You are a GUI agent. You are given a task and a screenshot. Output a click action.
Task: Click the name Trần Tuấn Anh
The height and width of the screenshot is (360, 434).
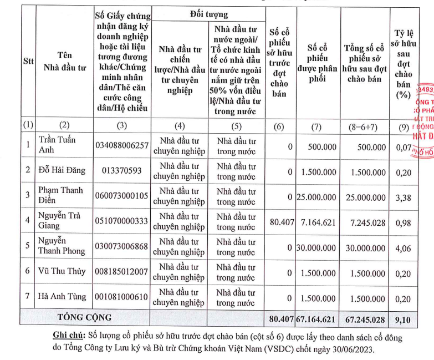click(x=57, y=145)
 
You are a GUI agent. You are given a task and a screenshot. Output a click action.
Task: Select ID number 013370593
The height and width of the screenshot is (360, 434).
click(x=121, y=171)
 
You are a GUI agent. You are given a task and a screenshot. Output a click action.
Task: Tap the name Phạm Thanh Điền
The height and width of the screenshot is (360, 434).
click(x=60, y=196)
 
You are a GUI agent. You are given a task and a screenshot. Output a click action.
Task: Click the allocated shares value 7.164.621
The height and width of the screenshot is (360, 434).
click(x=316, y=222)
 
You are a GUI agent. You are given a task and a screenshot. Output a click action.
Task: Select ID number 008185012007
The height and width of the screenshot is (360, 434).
click(x=121, y=272)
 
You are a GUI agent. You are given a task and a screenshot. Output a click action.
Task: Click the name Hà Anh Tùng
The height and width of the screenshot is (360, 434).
click(x=62, y=296)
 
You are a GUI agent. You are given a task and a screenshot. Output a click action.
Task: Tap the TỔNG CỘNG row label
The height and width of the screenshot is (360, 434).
click(x=85, y=317)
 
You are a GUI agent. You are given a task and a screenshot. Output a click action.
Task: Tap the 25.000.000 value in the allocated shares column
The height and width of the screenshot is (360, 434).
click(x=316, y=197)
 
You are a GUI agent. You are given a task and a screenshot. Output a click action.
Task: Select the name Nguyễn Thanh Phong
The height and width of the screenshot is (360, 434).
click(x=62, y=246)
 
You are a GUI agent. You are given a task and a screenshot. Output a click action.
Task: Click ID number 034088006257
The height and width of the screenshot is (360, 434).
click(x=121, y=146)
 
